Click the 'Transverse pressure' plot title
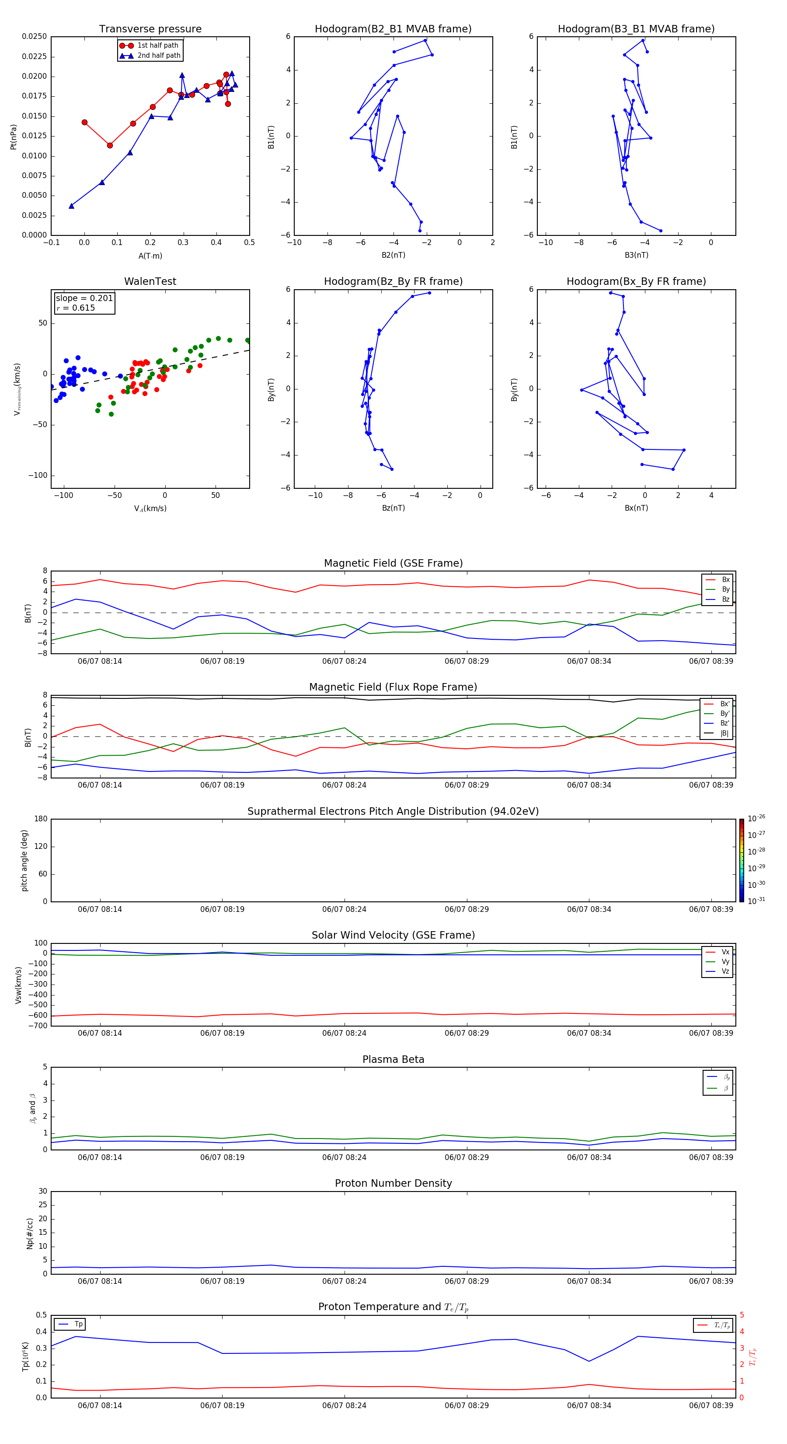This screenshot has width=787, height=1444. coord(150,29)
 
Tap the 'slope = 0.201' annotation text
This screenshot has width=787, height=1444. coord(84,298)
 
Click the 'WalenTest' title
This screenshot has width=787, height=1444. coord(150,281)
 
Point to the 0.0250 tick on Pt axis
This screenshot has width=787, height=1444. coord(35,36)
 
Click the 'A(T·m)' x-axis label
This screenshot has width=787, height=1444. coord(150,256)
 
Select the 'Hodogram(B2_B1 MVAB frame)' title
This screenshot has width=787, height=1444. coord(393,29)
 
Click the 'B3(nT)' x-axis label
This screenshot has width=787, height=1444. coord(636,255)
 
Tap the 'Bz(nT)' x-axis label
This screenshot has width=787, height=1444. coord(393,508)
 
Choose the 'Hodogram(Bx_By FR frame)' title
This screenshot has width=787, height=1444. coord(636,281)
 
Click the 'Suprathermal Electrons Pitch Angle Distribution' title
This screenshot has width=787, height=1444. coord(393,811)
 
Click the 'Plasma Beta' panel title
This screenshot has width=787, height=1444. coord(393,1059)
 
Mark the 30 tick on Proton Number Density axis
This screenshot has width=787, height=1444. coord(42,1191)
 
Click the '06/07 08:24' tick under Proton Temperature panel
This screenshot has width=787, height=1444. coord(344,1405)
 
